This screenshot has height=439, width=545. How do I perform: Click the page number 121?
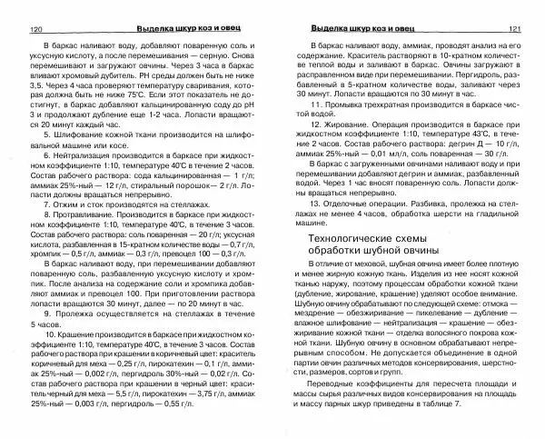tap(515, 29)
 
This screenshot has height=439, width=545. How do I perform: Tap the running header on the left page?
tap(178, 29)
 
